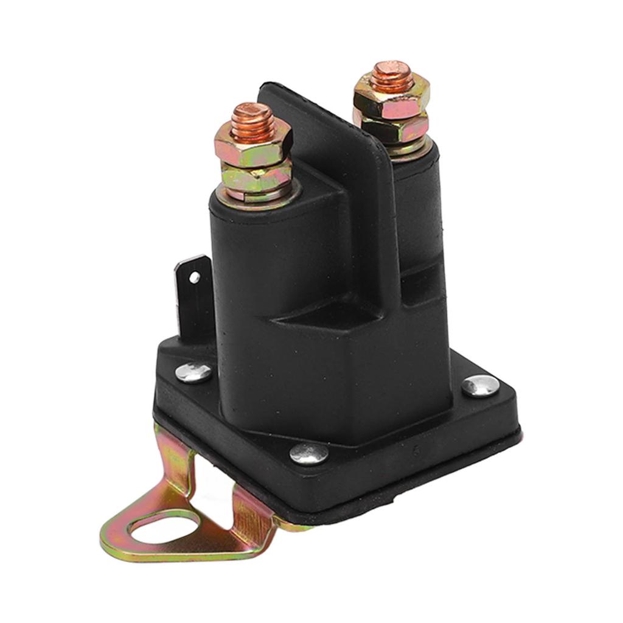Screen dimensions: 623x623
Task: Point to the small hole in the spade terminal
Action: tap(195, 277)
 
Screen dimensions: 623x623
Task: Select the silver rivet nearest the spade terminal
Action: tap(193, 372)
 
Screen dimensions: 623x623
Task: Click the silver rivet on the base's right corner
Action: tap(480, 385)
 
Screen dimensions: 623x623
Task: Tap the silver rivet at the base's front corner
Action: tap(308, 452)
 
